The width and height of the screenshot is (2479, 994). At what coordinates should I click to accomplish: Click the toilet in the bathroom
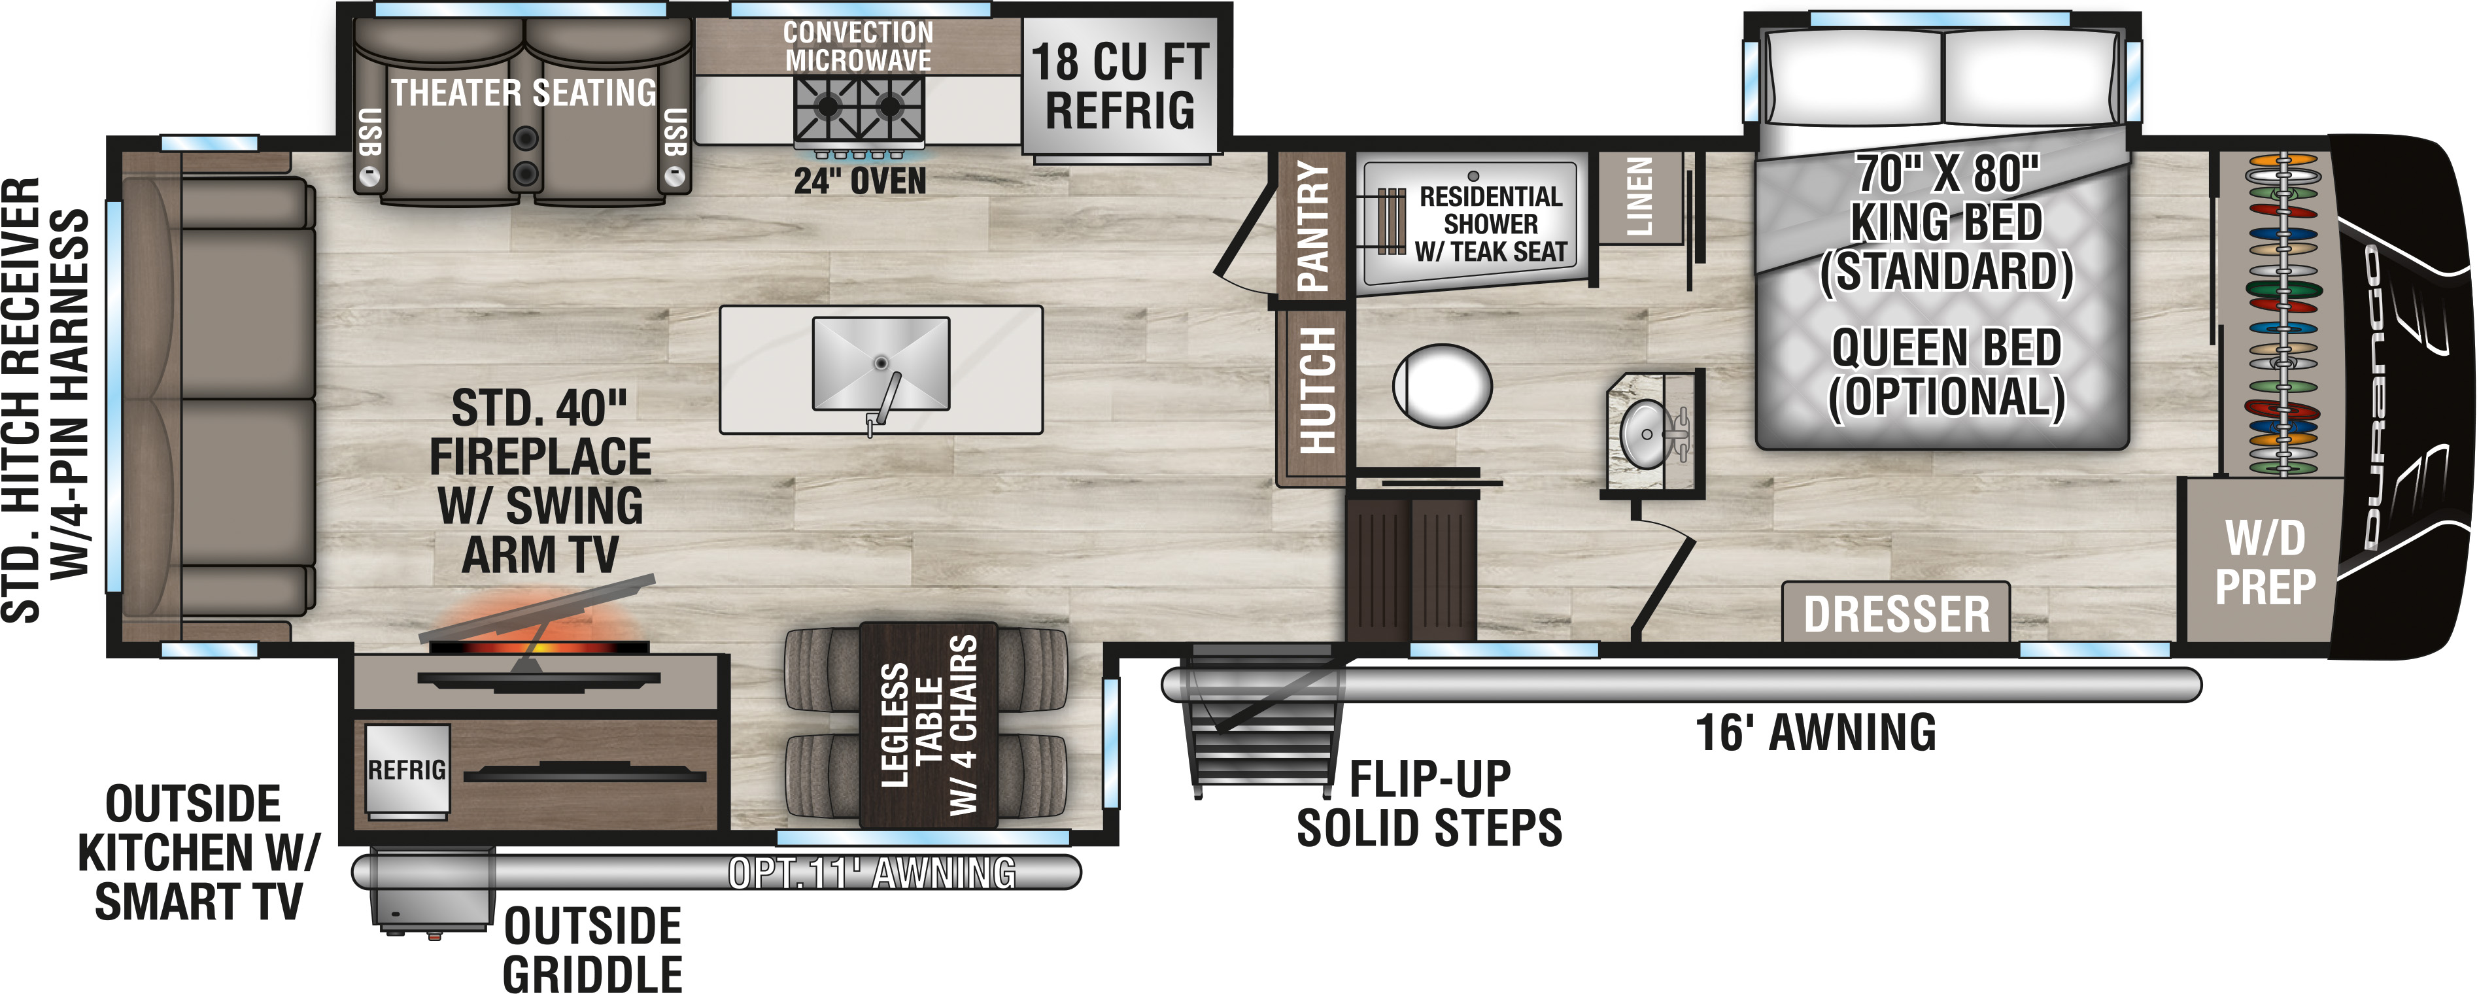[x=1442, y=386]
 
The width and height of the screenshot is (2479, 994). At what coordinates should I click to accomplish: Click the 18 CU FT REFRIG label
[x=1120, y=86]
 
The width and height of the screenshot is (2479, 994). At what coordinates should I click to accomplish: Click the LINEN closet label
[x=1639, y=197]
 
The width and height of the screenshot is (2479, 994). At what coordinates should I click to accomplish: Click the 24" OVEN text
[x=859, y=181]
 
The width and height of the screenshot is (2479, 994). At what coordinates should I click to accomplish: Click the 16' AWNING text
[x=1815, y=732]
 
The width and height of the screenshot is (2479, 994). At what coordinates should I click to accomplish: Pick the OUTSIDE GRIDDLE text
[x=593, y=950]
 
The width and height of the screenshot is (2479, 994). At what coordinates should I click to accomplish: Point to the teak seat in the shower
[x=1392, y=221]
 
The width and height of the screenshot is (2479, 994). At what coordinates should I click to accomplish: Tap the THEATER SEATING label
[x=524, y=92]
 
